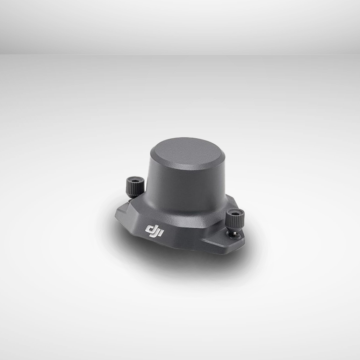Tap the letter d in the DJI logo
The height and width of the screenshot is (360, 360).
(150, 230)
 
